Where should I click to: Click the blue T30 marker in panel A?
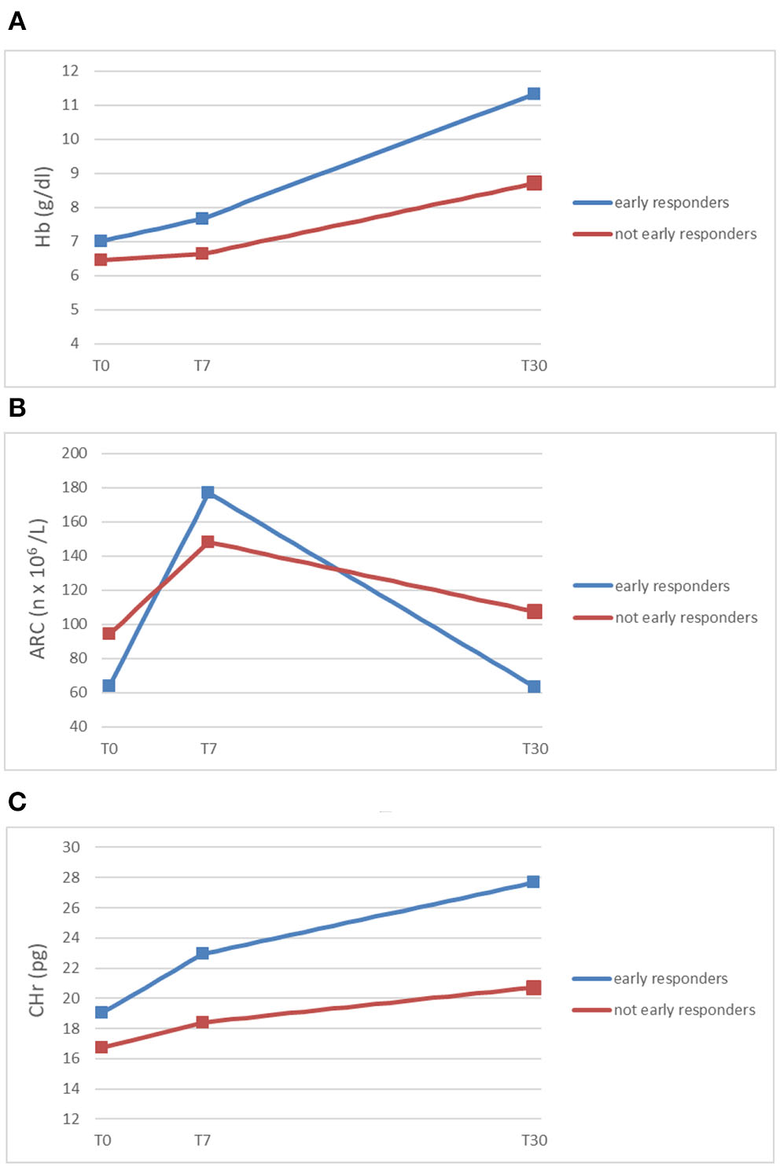click(534, 94)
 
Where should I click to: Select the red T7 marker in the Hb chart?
click(202, 253)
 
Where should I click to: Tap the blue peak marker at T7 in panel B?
click(208, 492)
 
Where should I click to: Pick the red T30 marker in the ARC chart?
click(535, 612)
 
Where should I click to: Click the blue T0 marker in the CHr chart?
click(101, 1012)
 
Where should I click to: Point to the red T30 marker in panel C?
click(534, 988)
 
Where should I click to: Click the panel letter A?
click(17, 22)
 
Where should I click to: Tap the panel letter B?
click(17, 407)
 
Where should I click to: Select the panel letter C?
click(17, 801)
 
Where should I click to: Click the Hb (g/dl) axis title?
click(43, 207)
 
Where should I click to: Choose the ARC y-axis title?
click(38, 588)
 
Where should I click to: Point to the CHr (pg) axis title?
click(37, 980)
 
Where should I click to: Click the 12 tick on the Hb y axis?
click(71, 71)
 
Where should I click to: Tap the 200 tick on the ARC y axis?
click(75, 453)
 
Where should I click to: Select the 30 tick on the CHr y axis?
click(71, 847)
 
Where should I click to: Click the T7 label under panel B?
click(208, 749)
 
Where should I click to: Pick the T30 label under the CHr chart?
click(535, 1140)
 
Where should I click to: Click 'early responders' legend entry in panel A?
click(671, 203)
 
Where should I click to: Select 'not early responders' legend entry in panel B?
click(686, 618)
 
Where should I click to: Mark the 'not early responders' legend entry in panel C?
click(684, 1010)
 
